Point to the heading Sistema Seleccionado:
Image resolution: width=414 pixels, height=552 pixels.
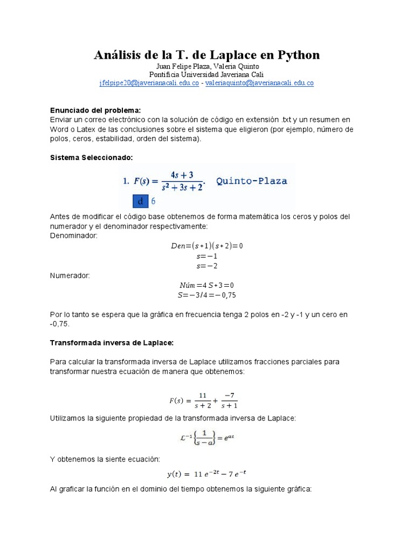(91, 157)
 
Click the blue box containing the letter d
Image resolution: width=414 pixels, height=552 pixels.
(140, 202)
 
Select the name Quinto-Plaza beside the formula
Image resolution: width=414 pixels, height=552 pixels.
(252, 181)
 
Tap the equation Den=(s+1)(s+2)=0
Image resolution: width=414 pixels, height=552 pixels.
(207, 245)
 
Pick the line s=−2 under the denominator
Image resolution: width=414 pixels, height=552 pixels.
(207, 266)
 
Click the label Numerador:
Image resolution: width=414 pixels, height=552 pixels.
(70, 275)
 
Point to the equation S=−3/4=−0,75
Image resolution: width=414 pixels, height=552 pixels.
(207, 295)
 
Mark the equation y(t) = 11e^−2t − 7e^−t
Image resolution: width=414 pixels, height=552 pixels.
(207, 474)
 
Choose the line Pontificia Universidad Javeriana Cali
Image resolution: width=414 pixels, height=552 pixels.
(207, 74)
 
